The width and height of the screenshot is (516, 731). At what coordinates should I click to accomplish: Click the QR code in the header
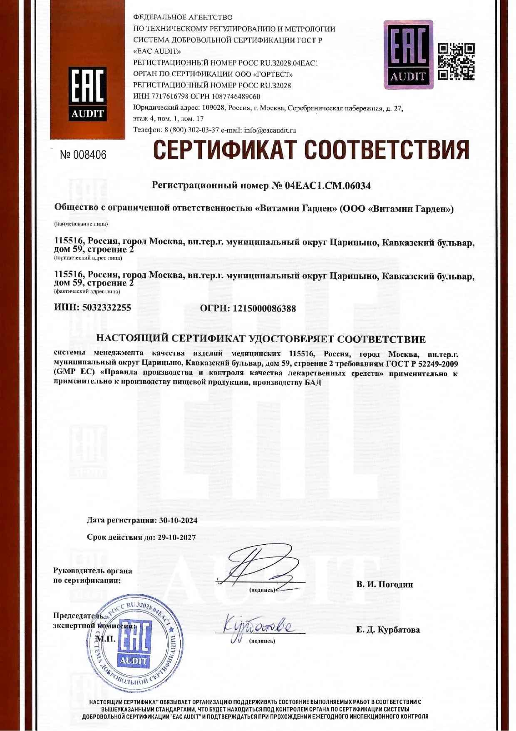456,61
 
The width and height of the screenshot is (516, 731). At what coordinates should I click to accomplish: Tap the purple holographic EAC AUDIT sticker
408,55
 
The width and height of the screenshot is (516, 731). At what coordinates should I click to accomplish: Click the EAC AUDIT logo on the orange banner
87,93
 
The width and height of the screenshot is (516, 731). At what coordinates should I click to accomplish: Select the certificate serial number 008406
89,155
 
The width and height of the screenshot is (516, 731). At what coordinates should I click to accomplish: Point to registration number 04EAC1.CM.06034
327,186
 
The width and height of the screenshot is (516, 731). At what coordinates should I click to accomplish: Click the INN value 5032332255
107,308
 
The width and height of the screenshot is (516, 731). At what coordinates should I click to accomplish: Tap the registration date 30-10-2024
178,520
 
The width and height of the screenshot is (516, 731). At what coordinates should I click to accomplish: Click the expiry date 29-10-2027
176,537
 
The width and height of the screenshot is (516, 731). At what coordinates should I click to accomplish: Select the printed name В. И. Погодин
385,584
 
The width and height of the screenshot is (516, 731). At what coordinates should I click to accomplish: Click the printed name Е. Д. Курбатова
388,630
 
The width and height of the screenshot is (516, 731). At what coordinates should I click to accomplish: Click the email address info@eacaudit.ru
270,130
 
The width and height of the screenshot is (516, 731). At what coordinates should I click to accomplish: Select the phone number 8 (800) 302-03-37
192,130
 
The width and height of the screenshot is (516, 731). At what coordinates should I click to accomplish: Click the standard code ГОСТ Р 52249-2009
422,364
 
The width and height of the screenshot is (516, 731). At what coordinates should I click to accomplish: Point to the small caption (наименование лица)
81,224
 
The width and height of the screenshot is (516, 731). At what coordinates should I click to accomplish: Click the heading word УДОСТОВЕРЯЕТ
290,339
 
